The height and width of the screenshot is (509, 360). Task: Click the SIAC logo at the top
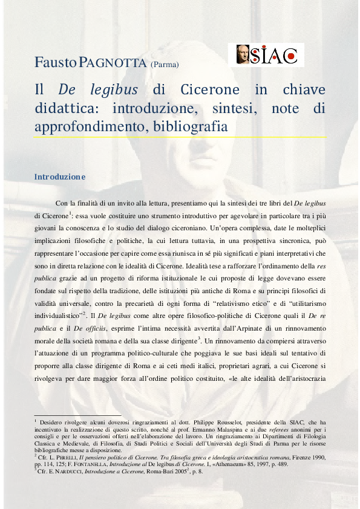[x=269, y=55]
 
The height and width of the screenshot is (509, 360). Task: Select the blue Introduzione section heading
[x=60, y=177]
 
